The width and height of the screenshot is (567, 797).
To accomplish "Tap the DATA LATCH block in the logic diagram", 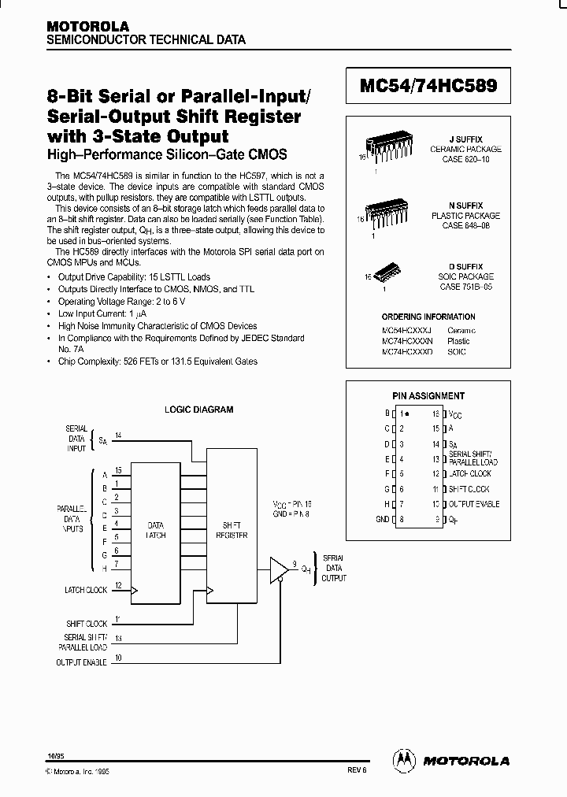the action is pyautogui.click(x=157, y=529).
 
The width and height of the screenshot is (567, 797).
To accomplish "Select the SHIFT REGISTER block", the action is pyautogui.click(x=231, y=529).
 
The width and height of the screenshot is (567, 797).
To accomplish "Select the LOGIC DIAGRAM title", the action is pyautogui.click(x=198, y=410).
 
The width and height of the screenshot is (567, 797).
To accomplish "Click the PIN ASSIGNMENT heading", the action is pyautogui.click(x=428, y=396).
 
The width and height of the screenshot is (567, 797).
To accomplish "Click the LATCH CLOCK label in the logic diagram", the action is pyautogui.click(x=85, y=589).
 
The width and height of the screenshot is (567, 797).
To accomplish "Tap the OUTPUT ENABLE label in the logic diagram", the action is pyautogui.click(x=81, y=663).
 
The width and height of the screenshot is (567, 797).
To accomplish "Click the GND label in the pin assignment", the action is pyautogui.click(x=381, y=520).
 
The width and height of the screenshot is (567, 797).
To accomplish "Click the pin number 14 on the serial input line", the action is pyautogui.click(x=118, y=434).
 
